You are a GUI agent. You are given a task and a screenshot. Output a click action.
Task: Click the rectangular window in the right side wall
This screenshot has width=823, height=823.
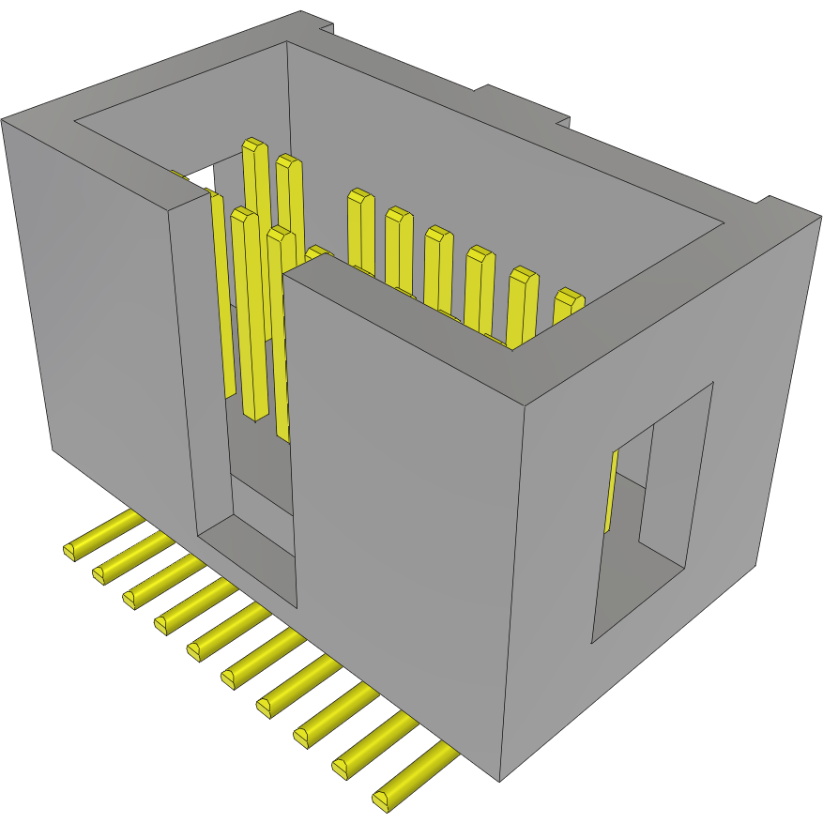pos(652,511)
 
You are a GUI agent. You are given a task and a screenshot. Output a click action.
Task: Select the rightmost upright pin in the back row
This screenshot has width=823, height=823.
pos(568,302)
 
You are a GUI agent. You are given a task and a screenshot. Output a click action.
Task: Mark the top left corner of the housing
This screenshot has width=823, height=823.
pos(4,121)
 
